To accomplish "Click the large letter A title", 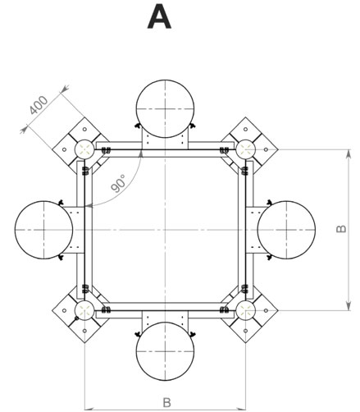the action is coord(159,18).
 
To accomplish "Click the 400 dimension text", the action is coord(39,105).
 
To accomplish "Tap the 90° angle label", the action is coord(119,183).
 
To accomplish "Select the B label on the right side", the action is coord(340,229).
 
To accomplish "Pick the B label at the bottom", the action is coord(166,403).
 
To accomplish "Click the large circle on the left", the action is coord(16,230).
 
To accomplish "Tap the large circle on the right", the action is coord(316,230).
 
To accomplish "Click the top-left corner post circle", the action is coord(75,149).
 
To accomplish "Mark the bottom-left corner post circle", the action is coord(75,310).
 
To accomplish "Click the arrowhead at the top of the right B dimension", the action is coord(349,153).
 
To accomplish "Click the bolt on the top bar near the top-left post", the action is coord(106,150).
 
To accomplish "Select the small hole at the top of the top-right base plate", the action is coord(245,129).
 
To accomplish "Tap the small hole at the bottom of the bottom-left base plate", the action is coord(84,331).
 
